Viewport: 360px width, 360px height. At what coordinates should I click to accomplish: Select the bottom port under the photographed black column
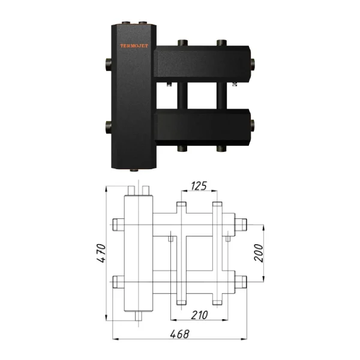coord(134,172)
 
